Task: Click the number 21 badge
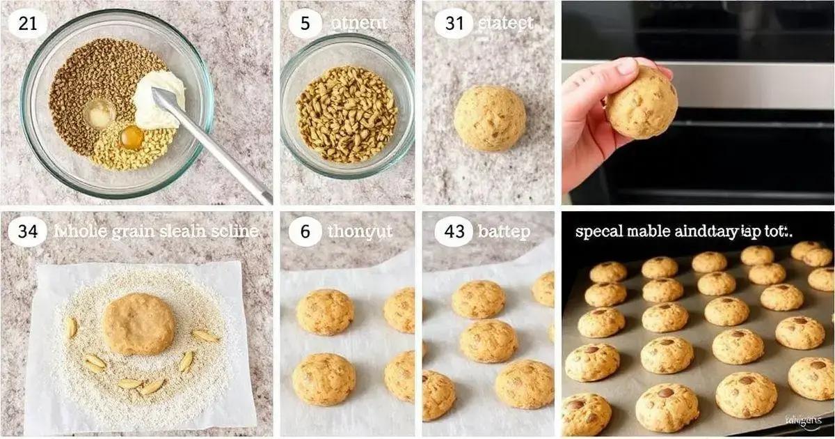pos(28,24)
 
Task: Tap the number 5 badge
pos(305,24)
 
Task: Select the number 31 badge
pos(454,24)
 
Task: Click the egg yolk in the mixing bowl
pos(131,137)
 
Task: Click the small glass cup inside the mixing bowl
pos(100,114)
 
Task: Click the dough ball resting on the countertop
pos(490,118)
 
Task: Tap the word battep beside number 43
pos(504,232)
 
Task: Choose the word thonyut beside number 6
pos(360,232)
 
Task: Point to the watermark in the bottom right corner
pos(802,420)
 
